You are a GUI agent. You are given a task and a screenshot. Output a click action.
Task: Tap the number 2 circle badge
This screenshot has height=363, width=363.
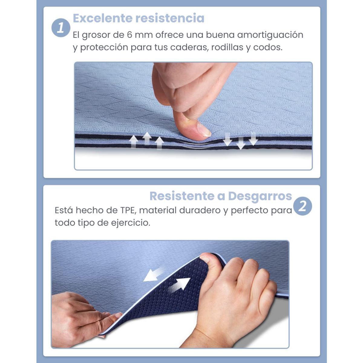point(302,206)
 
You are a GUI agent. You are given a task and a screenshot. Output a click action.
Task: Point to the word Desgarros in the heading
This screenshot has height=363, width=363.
point(260,196)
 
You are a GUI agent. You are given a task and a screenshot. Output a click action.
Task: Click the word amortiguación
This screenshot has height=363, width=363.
point(270,35)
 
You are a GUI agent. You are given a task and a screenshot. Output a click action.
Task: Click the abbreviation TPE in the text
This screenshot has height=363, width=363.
point(128,210)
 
